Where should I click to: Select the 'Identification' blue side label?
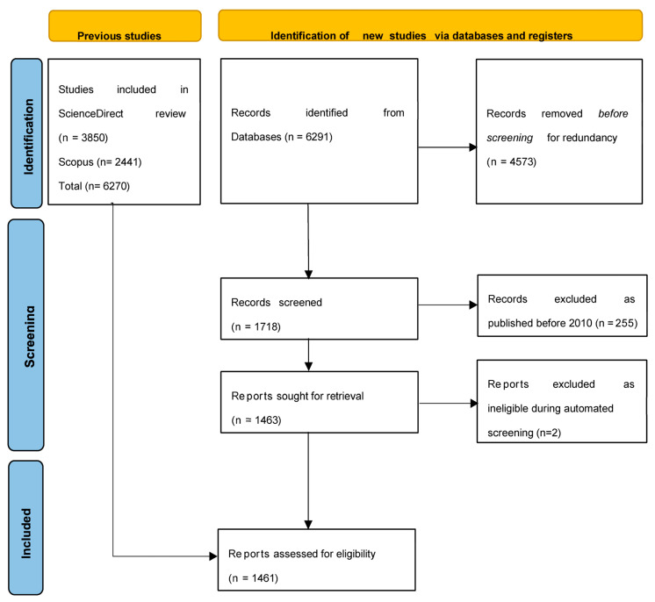(x=26, y=133)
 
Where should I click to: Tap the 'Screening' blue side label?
(x=25, y=335)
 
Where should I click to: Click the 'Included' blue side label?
(x=25, y=527)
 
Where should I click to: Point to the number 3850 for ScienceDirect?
(x=95, y=138)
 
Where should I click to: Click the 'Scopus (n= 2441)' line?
(x=100, y=162)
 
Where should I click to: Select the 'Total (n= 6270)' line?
(x=94, y=186)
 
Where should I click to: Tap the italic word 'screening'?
(x=509, y=138)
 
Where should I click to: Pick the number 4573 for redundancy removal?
(x=522, y=162)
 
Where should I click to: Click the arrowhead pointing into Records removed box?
(x=473, y=147)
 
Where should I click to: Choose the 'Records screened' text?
(x=277, y=302)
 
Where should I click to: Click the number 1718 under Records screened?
(x=267, y=326)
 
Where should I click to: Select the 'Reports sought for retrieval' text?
(x=298, y=396)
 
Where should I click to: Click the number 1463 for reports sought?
(x=267, y=420)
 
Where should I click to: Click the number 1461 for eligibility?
(x=264, y=578)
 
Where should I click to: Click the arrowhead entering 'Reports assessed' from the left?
(x=213, y=556)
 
